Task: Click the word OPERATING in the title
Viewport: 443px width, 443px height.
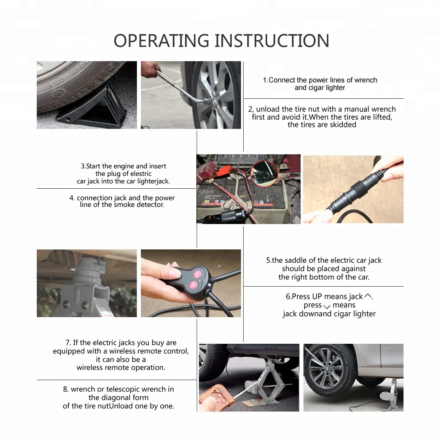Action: coord(161,41)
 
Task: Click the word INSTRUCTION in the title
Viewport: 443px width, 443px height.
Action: coord(272,41)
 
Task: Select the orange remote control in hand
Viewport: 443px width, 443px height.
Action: coord(217,398)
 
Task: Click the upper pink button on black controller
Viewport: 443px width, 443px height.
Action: coord(197,274)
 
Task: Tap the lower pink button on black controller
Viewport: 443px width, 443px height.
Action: coord(193,284)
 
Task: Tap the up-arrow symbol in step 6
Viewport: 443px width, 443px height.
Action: coord(368,296)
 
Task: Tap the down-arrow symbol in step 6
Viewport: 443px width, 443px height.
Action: coord(327,307)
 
